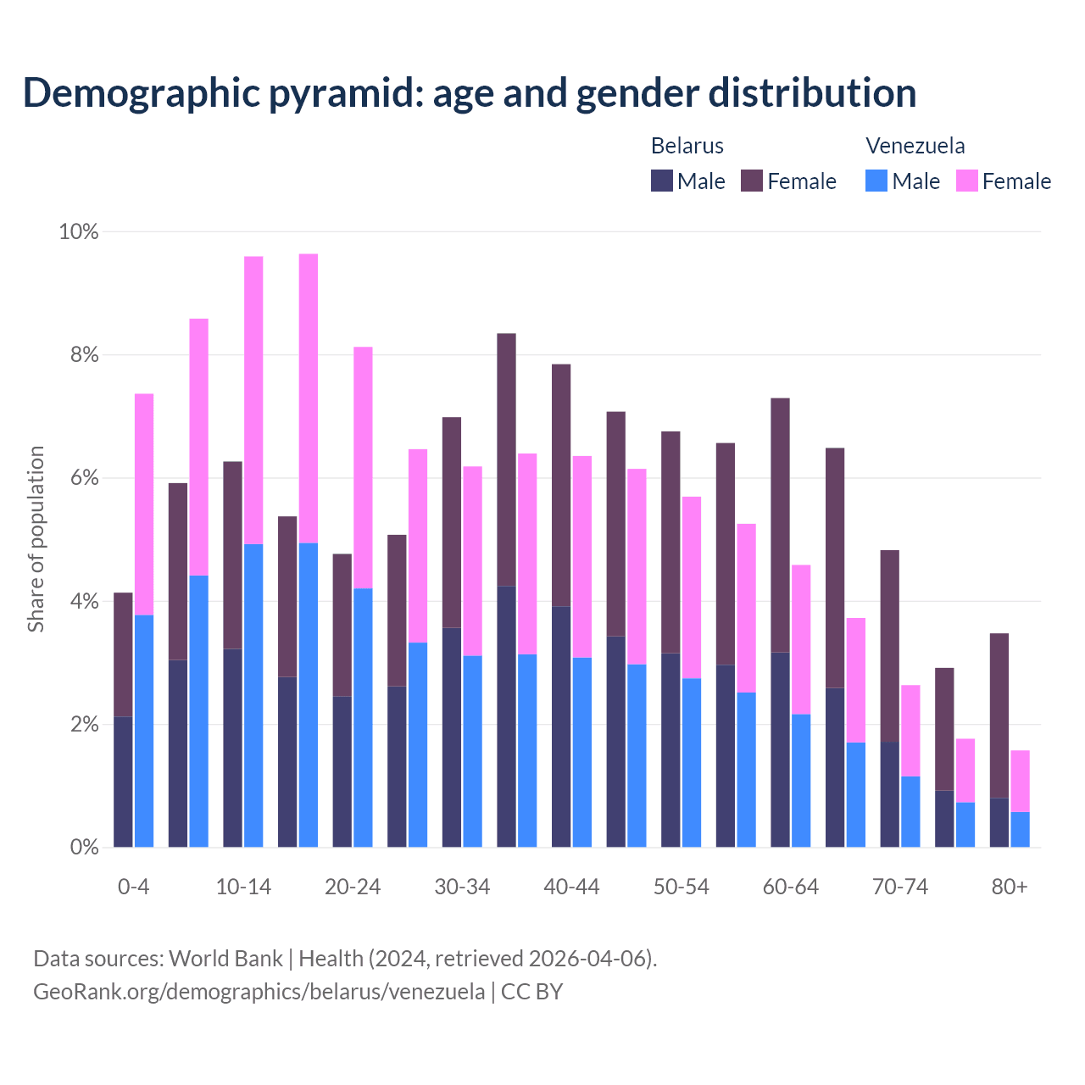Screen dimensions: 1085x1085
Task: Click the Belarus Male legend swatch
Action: pos(661,181)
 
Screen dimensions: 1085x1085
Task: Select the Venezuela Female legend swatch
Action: pos(966,181)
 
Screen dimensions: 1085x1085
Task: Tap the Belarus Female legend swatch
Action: pos(752,181)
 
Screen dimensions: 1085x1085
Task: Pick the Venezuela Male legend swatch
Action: pos(876,181)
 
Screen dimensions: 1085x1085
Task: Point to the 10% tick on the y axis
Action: pos(78,231)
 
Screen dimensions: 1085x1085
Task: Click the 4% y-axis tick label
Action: pos(84,602)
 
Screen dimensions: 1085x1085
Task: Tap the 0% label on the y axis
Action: pos(84,848)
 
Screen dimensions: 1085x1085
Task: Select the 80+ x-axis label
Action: pos(1010,887)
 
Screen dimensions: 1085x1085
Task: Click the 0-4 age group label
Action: pos(133,887)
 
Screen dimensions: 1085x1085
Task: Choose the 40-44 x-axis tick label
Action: pos(571,887)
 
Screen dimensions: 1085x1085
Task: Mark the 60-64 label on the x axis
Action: pos(791,887)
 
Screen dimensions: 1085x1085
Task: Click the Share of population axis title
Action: pos(36,539)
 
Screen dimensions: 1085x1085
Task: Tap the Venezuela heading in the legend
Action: pos(915,146)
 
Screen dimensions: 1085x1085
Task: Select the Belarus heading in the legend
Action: pos(687,146)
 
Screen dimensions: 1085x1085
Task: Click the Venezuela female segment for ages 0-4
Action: pos(144,504)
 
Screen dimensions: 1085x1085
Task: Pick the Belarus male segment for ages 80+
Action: pos(999,822)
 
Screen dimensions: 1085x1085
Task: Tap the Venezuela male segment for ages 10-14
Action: pos(253,695)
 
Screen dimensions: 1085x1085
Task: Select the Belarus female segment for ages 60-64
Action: pos(780,526)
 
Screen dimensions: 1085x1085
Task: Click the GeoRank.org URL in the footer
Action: pos(259,991)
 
